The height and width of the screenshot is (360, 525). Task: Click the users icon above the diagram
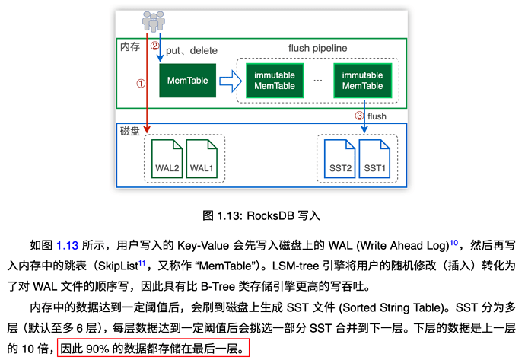click(x=154, y=21)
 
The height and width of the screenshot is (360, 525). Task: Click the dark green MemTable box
click(x=187, y=81)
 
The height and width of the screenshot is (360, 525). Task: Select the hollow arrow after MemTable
click(x=231, y=81)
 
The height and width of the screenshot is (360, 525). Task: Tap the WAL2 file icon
click(x=167, y=159)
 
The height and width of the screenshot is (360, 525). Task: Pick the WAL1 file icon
click(x=202, y=159)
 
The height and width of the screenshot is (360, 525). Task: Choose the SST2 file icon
click(x=340, y=159)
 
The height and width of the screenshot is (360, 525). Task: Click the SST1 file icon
click(x=374, y=159)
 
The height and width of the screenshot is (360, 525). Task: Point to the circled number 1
click(x=141, y=84)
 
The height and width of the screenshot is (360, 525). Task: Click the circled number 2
click(x=154, y=46)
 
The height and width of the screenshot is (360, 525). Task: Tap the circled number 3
click(x=359, y=116)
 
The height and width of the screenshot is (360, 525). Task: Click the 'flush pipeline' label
click(x=318, y=48)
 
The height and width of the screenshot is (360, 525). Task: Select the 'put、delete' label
click(x=192, y=50)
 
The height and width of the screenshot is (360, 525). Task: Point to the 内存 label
click(x=130, y=46)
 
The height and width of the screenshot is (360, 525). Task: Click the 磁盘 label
click(x=130, y=131)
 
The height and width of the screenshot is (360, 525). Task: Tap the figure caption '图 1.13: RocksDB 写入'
click(x=261, y=215)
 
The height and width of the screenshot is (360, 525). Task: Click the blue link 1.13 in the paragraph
click(x=67, y=246)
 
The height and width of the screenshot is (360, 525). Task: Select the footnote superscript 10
click(x=453, y=243)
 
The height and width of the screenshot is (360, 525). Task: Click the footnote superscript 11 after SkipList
click(x=142, y=263)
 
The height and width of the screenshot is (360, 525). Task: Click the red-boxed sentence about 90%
click(x=153, y=349)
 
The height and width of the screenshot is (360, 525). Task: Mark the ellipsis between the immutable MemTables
click(x=318, y=81)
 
